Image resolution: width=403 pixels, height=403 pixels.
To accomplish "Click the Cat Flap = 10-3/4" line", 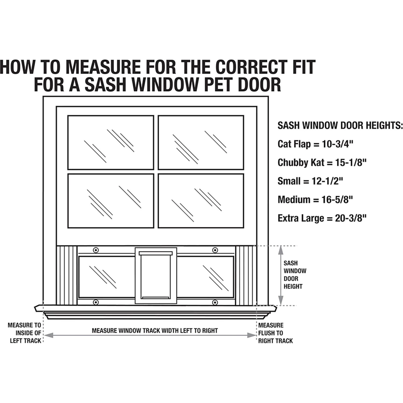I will tap(315, 144).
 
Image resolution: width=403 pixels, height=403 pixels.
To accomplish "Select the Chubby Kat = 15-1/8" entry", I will tap(322, 163).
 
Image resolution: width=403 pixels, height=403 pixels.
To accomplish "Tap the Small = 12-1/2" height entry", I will tap(310, 181).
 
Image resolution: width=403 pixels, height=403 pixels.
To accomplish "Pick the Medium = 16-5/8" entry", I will tap(315, 200).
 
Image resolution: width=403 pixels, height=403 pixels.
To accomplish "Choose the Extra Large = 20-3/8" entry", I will tap(322, 218).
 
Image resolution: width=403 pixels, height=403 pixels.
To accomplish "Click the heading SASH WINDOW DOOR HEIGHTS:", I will tap(340, 125).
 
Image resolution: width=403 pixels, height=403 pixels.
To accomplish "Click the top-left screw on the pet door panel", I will tap(96, 250).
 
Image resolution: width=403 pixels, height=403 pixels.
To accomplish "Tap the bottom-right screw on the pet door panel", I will tap(215, 303).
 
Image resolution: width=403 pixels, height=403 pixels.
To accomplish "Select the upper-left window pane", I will tap(111, 142).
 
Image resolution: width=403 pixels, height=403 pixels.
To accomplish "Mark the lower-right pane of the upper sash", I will tap(201, 201).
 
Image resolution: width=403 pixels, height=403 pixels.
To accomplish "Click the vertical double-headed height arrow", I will tap(280, 275).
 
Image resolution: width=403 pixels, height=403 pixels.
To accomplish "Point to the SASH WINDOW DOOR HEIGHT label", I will tap(294, 275).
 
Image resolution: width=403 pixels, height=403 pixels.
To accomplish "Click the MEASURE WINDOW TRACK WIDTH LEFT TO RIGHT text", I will tap(155, 330).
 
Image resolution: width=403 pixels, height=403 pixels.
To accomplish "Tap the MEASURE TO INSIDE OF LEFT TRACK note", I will tap(25, 333).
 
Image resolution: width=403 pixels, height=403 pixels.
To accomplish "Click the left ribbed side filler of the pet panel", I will tap(67, 275).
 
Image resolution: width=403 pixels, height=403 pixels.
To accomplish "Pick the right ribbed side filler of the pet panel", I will tap(246, 275).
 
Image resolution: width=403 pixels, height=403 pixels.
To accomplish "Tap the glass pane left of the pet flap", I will tap(107, 277).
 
